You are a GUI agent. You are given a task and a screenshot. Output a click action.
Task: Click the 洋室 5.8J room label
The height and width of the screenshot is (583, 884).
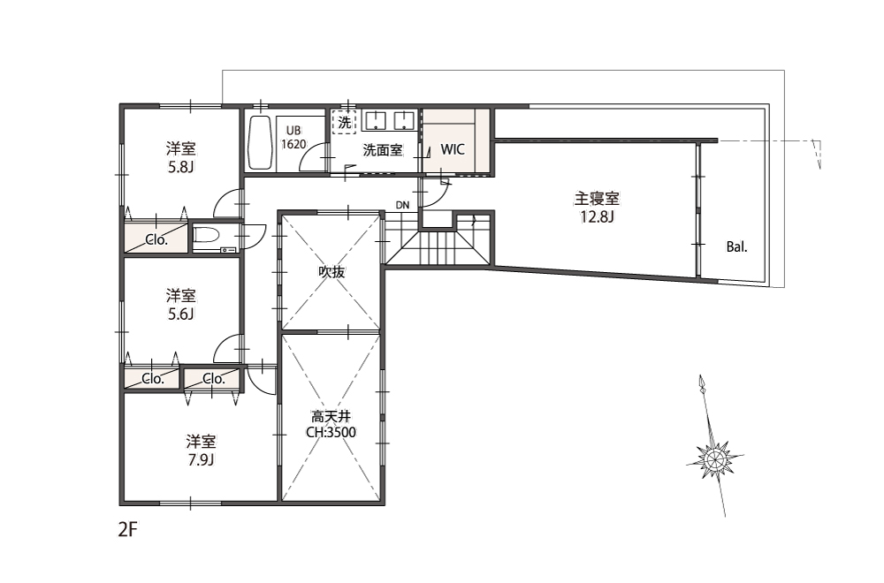click(181, 158)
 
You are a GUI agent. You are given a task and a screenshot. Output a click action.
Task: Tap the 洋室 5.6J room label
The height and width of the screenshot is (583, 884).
click(181, 304)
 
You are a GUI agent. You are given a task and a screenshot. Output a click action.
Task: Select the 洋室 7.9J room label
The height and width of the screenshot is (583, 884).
click(202, 450)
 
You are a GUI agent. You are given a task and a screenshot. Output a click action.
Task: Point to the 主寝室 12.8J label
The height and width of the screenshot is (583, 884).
click(597, 207)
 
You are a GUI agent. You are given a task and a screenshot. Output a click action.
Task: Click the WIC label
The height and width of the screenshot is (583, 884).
click(453, 149)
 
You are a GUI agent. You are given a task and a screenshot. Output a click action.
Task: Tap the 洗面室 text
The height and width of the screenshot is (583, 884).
click(383, 150)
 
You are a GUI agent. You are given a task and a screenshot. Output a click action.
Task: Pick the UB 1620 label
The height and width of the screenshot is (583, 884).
click(293, 138)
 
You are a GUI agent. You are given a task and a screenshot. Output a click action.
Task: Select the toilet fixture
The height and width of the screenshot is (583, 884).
click(216, 239)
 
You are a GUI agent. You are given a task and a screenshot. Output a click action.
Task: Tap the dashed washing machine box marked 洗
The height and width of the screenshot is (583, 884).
click(344, 122)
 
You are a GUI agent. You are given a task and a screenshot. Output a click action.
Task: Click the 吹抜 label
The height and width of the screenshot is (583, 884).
click(331, 272)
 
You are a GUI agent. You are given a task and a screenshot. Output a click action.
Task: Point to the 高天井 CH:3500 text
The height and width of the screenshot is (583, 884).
click(331, 424)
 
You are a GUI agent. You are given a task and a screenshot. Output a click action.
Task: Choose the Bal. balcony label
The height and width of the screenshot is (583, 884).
click(736, 246)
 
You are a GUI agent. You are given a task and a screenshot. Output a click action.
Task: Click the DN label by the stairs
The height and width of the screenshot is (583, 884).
click(402, 205)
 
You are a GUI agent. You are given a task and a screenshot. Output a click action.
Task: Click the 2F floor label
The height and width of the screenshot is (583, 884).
click(128, 529)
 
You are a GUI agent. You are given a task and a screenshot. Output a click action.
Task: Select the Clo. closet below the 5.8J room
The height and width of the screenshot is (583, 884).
click(156, 238)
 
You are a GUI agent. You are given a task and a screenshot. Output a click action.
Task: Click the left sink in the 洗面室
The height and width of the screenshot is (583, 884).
click(375, 120)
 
